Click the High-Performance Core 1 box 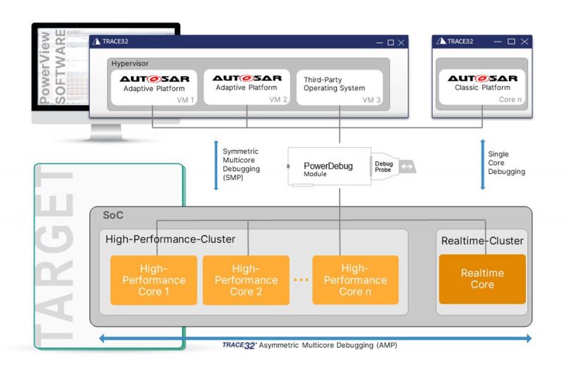(153, 280)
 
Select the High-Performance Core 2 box (246, 280)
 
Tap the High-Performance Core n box (355, 280)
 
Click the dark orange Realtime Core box (482, 279)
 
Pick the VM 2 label (278, 100)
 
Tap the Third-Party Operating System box (339, 86)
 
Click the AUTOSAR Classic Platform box (482, 86)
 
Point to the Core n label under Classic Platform (510, 100)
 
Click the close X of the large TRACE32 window (401, 42)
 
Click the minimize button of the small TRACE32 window (498, 42)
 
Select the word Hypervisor (130, 63)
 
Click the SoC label (114, 214)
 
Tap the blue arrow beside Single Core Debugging (483, 164)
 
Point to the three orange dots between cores (301, 280)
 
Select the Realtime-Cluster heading (482, 241)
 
